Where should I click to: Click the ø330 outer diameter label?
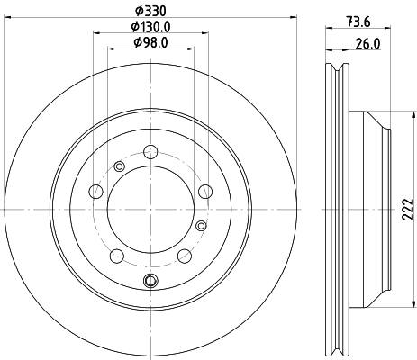[x=150, y=11]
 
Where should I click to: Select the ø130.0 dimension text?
[x=150, y=27]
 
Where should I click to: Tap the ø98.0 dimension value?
[x=150, y=42]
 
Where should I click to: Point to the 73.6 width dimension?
[x=358, y=22]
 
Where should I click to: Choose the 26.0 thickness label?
[x=368, y=44]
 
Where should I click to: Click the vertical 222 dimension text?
[x=408, y=209]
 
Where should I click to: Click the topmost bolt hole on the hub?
[x=150, y=152]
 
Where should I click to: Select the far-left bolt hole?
[x=96, y=192]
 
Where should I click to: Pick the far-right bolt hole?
[x=205, y=192]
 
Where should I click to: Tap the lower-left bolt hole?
[x=117, y=256]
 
